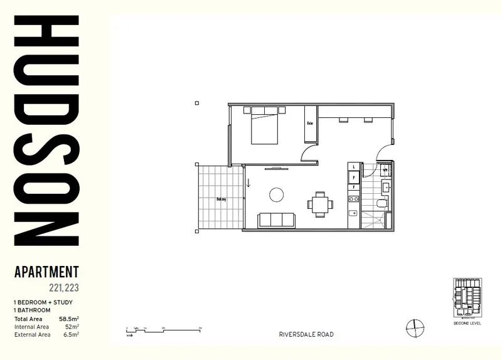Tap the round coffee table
277,195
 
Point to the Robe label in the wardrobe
310,123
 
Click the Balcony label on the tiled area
221,199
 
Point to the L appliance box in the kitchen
354,167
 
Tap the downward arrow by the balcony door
248,183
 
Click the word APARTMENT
46,273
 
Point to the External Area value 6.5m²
70,334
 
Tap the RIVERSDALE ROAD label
306,334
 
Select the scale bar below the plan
163,329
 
